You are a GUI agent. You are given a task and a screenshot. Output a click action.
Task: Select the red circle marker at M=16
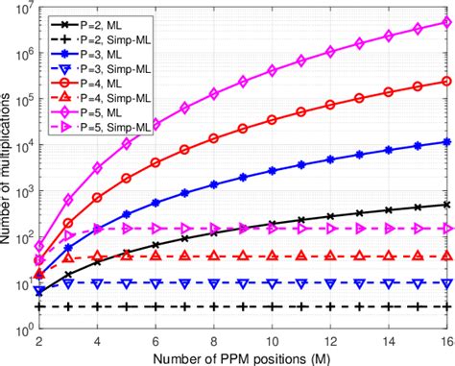coord(446,81)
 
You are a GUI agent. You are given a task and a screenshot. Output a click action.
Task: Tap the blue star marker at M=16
coord(446,142)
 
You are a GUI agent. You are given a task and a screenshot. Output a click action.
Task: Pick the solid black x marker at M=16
coord(446,205)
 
